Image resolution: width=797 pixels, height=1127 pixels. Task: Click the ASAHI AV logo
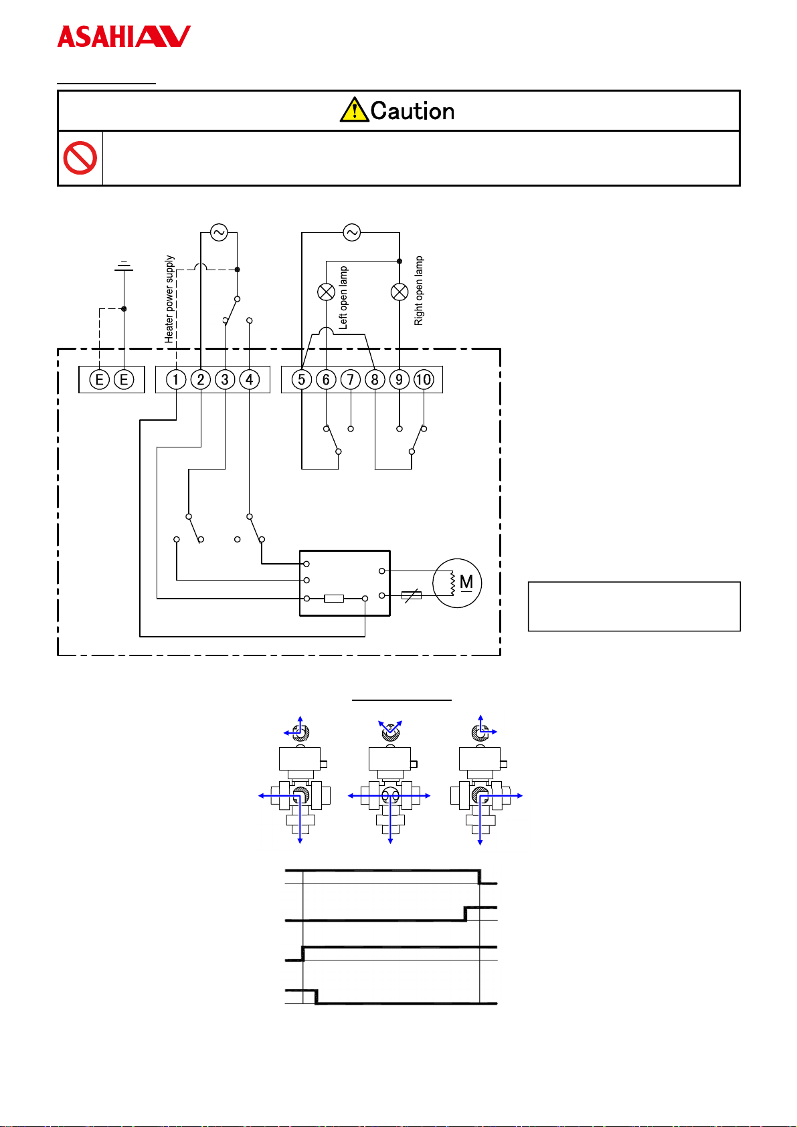124,36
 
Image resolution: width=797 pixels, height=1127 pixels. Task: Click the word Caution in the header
412,110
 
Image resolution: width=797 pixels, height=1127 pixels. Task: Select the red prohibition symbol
80,158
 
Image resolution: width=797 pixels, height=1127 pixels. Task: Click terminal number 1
176,379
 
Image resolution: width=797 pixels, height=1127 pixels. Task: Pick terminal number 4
249,379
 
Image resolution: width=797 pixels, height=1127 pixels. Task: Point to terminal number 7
351,379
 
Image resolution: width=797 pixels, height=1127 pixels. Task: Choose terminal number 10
424,379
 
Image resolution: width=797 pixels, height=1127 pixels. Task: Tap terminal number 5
302,379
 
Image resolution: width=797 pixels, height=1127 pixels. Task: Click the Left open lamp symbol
327,292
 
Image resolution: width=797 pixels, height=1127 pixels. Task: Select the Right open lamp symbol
400,292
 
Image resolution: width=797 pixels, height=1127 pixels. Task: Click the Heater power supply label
169,300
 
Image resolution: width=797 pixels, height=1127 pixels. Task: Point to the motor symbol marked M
457,583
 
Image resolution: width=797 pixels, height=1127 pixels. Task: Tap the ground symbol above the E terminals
124,266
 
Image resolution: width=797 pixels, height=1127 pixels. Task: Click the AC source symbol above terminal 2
219,233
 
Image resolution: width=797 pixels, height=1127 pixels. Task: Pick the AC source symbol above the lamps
352,233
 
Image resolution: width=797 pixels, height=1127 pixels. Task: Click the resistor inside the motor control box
334,599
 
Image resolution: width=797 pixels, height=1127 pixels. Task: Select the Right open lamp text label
418,291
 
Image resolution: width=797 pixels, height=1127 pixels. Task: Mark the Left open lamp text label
343,298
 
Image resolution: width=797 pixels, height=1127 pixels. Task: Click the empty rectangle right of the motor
634,606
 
